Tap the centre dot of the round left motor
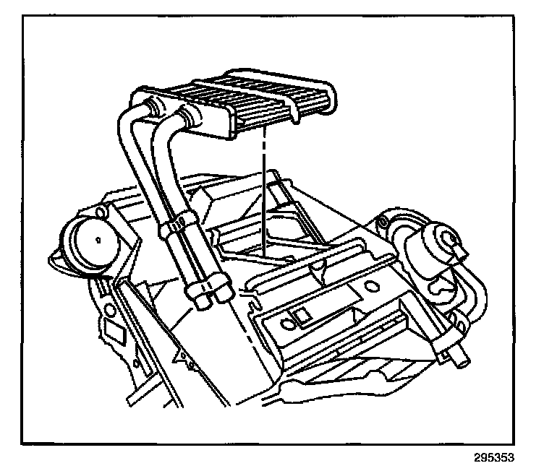pos(96,236)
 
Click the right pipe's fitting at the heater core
pos(190,116)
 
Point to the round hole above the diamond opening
pos(109,311)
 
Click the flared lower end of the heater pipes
pos(206,293)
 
